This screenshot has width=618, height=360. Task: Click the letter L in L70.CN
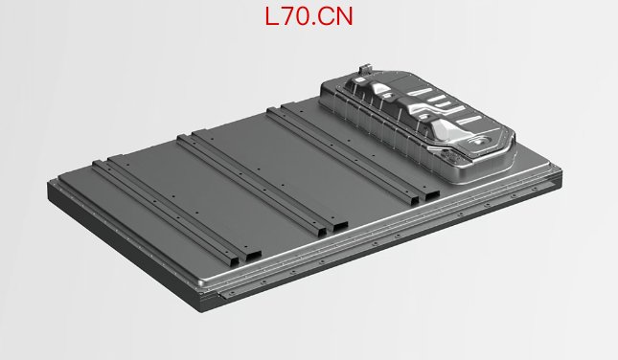coord(272,17)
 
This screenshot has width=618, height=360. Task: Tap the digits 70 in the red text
coord(296,17)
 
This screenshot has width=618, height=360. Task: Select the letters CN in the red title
coord(335,17)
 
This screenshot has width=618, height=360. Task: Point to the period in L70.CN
coord(314,24)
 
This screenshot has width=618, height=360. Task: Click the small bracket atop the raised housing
coord(365,68)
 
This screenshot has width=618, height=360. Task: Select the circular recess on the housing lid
coord(479,140)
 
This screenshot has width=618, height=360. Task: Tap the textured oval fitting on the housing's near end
coord(453,156)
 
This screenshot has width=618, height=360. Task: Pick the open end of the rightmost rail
coord(431,195)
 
